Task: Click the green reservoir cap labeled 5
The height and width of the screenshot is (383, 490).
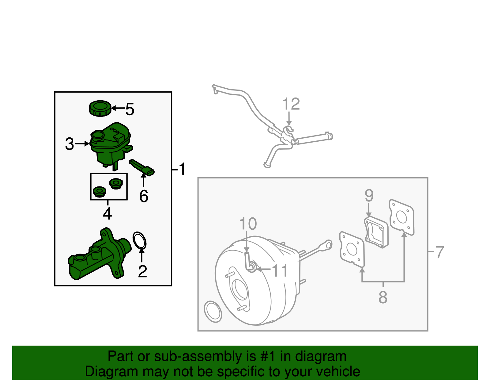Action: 100,108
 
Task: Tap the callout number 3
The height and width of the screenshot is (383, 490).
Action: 70,144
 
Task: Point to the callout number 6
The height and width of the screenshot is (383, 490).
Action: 144,196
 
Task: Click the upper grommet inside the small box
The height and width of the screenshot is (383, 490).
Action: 116,184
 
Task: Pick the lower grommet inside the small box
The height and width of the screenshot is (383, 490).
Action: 99,192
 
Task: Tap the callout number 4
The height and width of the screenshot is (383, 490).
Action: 107,213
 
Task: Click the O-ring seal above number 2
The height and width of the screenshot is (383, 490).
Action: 140,240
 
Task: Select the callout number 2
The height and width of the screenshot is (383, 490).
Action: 142,271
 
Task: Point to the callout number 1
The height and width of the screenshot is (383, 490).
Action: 182,169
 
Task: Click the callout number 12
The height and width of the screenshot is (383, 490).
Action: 291,104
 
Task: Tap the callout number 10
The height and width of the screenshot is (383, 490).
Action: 248,224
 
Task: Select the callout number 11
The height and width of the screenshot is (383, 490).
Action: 280,270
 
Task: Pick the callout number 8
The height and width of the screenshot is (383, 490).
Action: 383,297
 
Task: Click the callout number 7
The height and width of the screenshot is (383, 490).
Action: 439,252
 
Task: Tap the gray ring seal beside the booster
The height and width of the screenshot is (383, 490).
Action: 213,312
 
